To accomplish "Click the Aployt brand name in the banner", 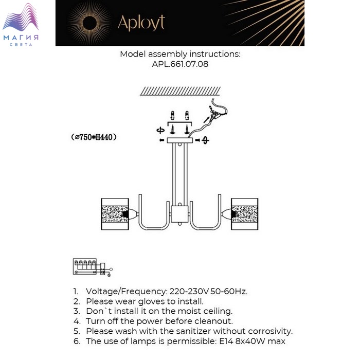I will (141, 23).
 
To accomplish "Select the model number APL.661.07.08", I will (180, 65).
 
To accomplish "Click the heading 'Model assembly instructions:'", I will (180, 54).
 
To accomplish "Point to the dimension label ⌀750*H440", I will (94, 137).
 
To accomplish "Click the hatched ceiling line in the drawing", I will (180, 91).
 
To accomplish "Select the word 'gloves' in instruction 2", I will (149, 301).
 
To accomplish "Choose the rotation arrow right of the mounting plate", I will (205, 140).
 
